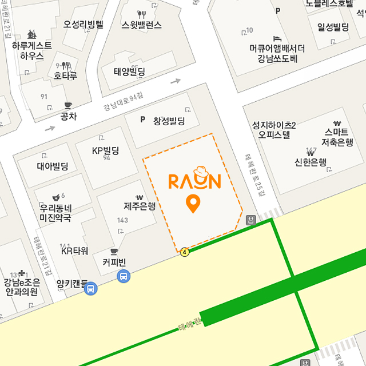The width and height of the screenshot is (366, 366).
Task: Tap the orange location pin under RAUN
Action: [x=193, y=204]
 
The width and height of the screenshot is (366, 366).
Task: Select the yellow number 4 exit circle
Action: [x=184, y=252]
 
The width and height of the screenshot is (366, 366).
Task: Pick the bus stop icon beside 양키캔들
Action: [x=90, y=289]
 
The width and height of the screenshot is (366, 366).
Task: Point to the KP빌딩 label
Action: [x=106, y=151]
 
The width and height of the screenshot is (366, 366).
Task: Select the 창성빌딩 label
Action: [x=169, y=121]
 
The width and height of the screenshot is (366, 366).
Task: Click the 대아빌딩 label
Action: [x=53, y=166]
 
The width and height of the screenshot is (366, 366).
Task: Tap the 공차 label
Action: [x=68, y=116]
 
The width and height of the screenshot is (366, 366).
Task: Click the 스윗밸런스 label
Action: [x=141, y=25]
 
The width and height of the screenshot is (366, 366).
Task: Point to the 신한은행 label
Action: [x=311, y=162]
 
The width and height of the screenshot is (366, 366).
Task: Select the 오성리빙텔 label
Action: [x=83, y=25]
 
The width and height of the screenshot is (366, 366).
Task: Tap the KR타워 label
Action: [x=74, y=251]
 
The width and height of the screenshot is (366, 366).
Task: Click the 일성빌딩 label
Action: [x=333, y=27]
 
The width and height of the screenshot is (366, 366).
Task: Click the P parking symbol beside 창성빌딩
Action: [x=143, y=120]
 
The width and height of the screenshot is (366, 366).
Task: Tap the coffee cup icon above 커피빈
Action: [x=114, y=252]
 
